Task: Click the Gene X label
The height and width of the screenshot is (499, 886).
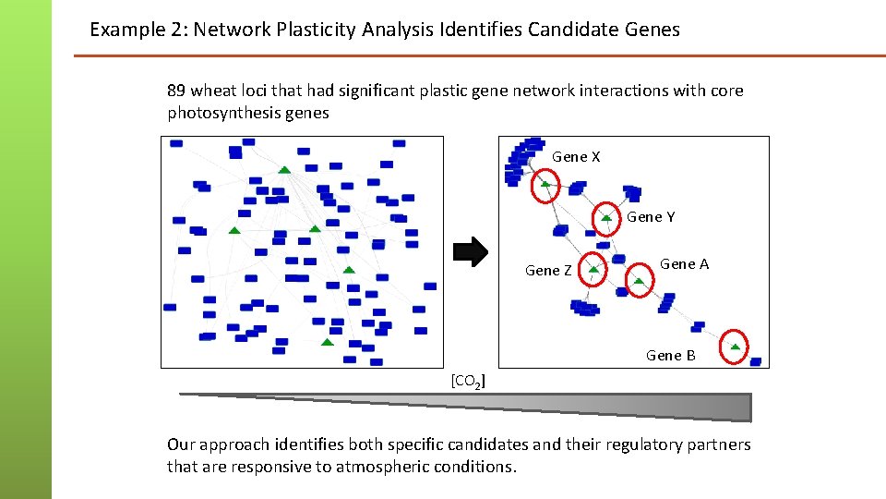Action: [x=576, y=157]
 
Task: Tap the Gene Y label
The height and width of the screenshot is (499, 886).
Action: [x=651, y=217]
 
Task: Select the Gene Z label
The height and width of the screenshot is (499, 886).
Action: [x=548, y=271]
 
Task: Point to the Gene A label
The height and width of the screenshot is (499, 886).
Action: [x=684, y=264]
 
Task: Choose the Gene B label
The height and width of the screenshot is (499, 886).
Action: [x=671, y=356]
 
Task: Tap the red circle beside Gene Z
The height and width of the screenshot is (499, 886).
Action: [x=593, y=269]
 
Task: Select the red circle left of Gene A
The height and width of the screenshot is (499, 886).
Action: [x=638, y=279]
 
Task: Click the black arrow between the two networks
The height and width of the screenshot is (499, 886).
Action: [x=473, y=252]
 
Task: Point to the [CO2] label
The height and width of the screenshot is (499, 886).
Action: [x=469, y=381]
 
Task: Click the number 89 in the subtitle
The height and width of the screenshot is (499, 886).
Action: [x=176, y=91]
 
